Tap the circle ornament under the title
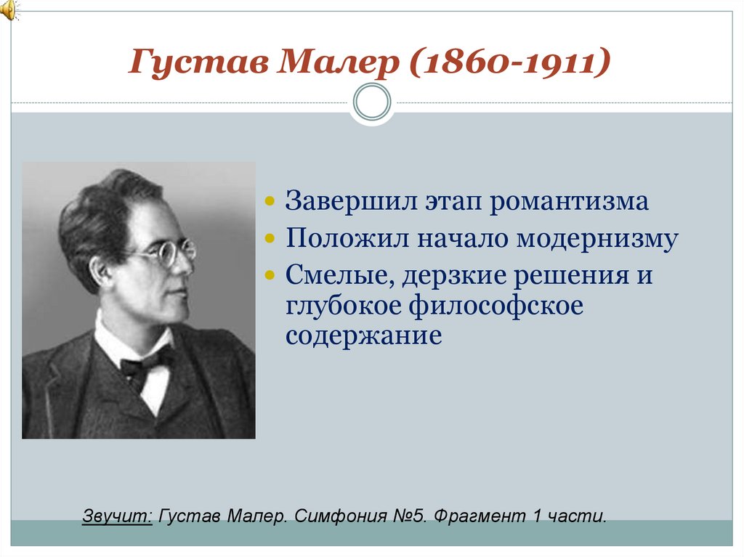tap(372, 102)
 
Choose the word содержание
tap(363, 337)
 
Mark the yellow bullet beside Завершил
tap(270, 201)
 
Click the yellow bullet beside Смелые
tap(270, 277)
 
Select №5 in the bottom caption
tap(407, 517)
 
